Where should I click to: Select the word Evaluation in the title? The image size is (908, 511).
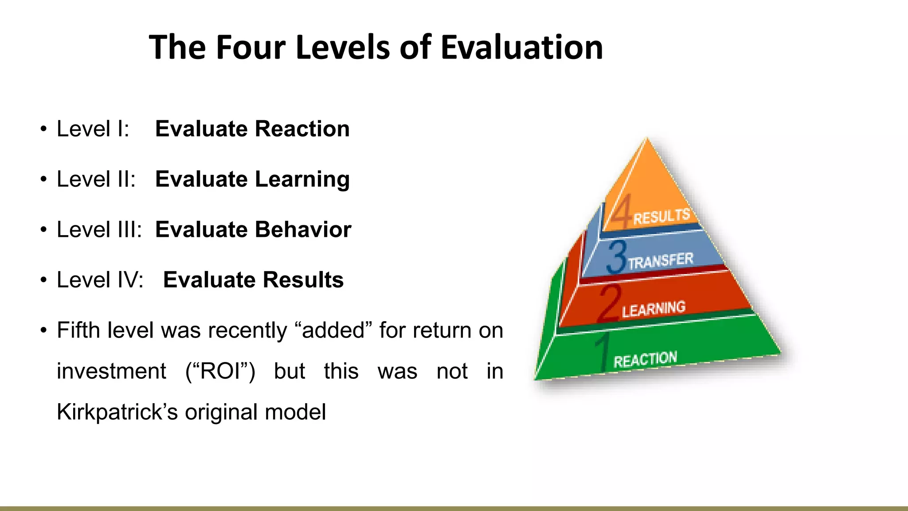coord(521,47)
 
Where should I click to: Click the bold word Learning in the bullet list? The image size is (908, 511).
coord(302,180)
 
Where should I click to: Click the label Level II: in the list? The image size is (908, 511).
coord(96,180)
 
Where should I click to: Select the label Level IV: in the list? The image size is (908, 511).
coord(100,280)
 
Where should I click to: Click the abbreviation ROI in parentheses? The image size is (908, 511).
coord(220,371)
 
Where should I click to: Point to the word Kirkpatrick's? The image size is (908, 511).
coord(117,412)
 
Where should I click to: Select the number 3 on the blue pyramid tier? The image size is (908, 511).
coord(617,257)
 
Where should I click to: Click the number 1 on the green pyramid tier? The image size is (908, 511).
coord(603,353)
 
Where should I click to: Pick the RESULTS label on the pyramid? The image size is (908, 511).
coord(661,216)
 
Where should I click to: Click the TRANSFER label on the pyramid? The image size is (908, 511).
coord(660,261)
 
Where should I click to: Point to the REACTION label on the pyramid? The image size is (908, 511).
coord(645,360)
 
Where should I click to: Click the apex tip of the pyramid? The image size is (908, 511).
coord(647,139)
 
